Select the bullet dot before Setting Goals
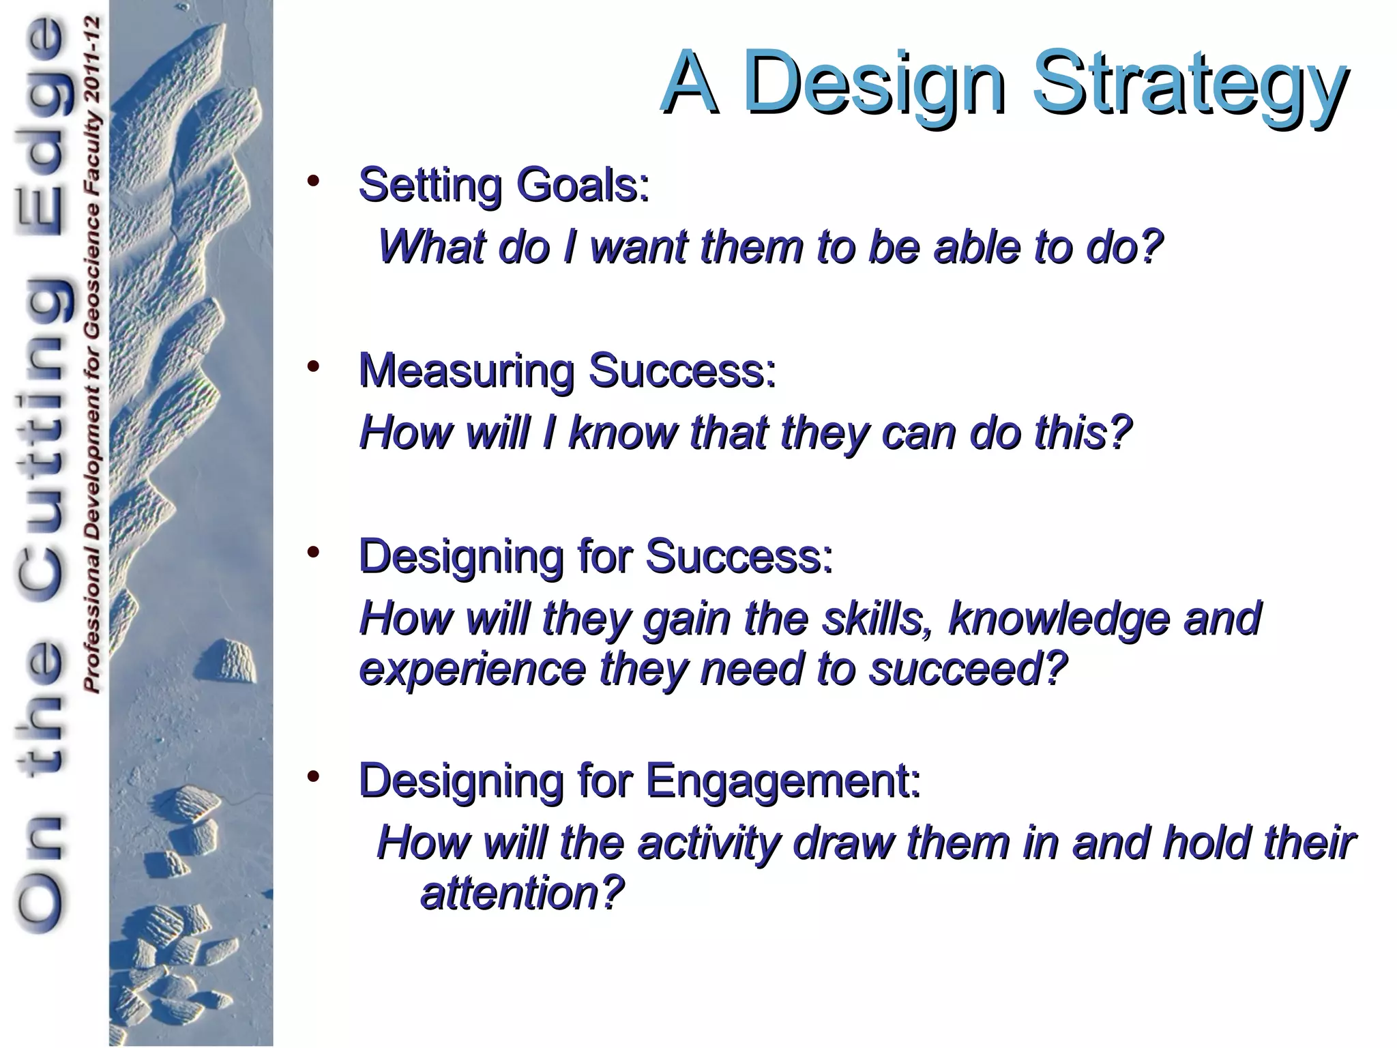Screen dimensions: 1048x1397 click(x=313, y=181)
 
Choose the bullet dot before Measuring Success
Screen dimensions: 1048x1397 click(x=313, y=367)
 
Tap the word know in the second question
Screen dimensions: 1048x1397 click(x=621, y=433)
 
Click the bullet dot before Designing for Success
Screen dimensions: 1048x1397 click(x=313, y=552)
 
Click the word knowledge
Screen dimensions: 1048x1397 click(x=1059, y=618)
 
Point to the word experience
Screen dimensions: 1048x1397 click(x=472, y=669)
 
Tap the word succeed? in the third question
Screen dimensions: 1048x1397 click(x=967, y=669)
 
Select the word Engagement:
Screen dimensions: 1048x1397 click(x=783, y=781)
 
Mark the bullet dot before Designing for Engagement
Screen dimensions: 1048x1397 click(x=313, y=776)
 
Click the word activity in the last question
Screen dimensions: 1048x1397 click(x=708, y=843)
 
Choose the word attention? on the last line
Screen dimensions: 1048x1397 click(x=522, y=893)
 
